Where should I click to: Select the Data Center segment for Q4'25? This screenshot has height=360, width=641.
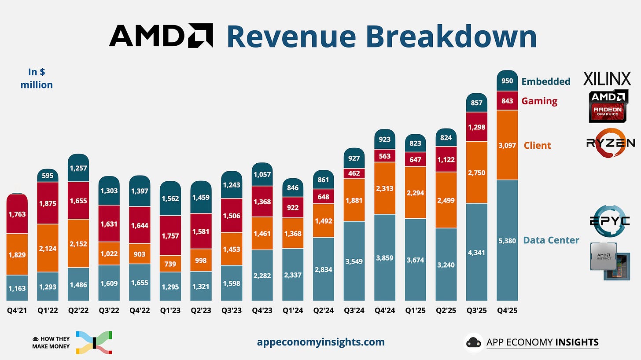click(x=507, y=240)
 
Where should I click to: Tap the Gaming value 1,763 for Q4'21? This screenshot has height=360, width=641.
click(x=17, y=214)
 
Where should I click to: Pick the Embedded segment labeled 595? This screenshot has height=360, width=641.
click(x=48, y=176)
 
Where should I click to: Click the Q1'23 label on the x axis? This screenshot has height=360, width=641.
click(x=170, y=310)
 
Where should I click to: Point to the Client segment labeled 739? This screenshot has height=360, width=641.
click(x=170, y=264)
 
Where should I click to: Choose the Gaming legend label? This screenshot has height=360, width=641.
click(x=539, y=101)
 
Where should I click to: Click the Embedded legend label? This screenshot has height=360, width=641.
click(x=546, y=81)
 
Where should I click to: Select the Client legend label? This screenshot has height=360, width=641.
click(x=537, y=145)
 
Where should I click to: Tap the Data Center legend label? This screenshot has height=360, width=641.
click(x=551, y=240)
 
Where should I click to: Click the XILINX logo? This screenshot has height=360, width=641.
click(x=607, y=79)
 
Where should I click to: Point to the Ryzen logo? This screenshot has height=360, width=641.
click(x=610, y=143)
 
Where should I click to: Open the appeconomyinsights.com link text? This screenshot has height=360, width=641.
click(x=320, y=342)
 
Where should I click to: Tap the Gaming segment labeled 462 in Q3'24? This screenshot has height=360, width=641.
click(x=354, y=173)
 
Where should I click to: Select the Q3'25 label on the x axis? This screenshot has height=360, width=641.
click(x=476, y=310)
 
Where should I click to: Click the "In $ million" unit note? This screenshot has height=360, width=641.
click(x=37, y=78)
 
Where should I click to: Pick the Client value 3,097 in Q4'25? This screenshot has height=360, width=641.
click(x=507, y=145)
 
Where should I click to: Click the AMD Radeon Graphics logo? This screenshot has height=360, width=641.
click(x=608, y=106)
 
